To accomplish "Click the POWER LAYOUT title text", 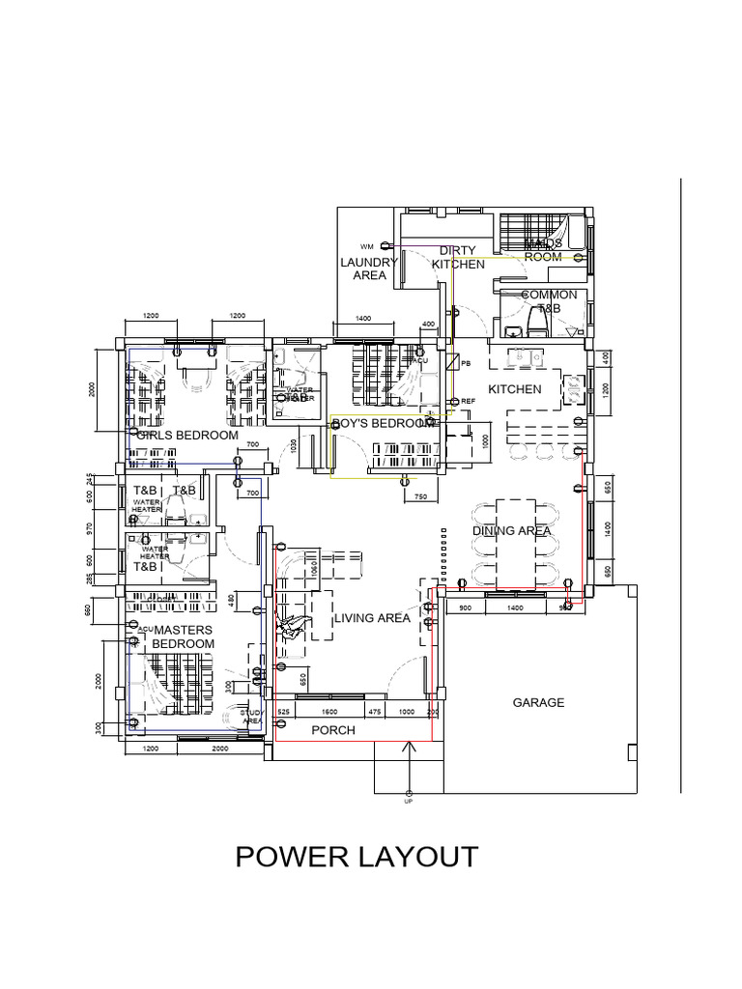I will pyautogui.click(x=357, y=857).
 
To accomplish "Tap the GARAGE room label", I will pyautogui.click(x=538, y=703).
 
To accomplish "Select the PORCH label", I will pyautogui.click(x=333, y=730).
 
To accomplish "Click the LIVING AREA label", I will pyautogui.click(x=373, y=618).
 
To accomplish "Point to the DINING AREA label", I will pyautogui.click(x=512, y=530).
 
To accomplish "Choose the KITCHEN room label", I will pyautogui.click(x=515, y=389).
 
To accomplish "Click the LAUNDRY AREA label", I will pyautogui.click(x=369, y=268).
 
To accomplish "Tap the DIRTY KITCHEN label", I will pyautogui.click(x=458, y=258).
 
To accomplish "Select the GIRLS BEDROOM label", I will pyautogui.click(x=187, y=436).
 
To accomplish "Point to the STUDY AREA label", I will pyautogui.click(x=252, y=717).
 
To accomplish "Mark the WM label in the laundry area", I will pyautogui.click(x=366, y=246).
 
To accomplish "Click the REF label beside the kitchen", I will pyautogui.click(x=469, y=401).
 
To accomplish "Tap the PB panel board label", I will pyautogui.click(x=467, y=364).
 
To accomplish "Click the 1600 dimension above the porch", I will pyautogui.click(x=329, y=712).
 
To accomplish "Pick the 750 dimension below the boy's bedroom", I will pyautogui.click(x=420, y=496).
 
